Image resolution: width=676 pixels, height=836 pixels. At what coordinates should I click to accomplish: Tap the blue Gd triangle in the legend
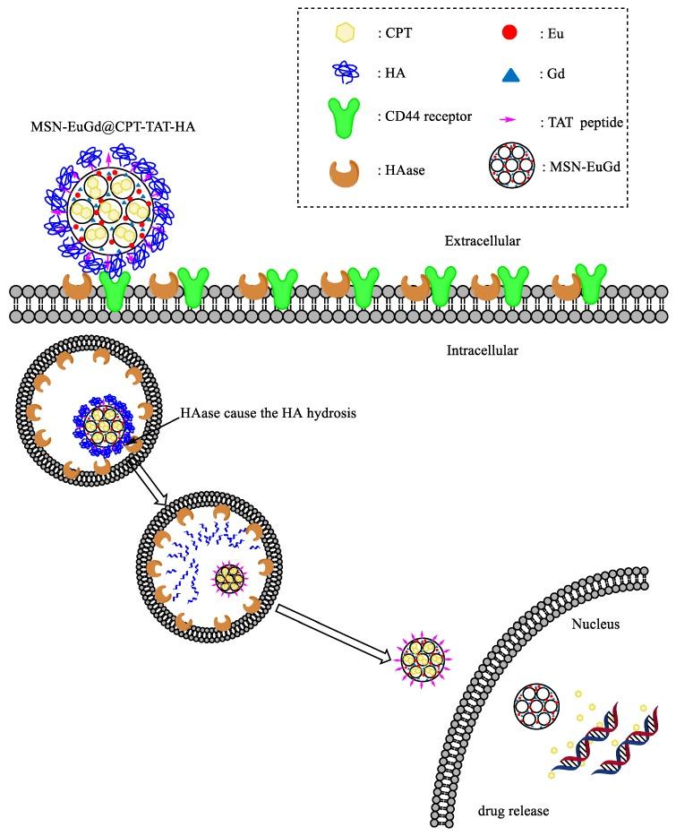pyautogui.click(x=510, y=77)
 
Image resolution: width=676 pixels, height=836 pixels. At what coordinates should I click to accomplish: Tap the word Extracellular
pyautogui.click(x=483, y=241)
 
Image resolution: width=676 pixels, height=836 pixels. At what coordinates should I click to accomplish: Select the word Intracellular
pyautogui.click(x=482, y=350)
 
